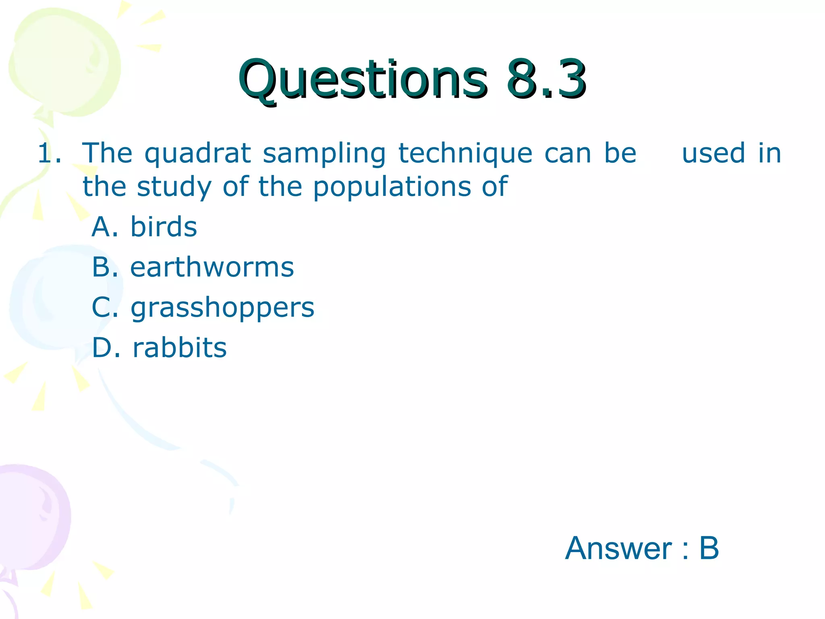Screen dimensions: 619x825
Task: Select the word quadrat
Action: coord(198,154)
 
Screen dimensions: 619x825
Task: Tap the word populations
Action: coord(392,188)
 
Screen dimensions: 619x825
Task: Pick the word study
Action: coord(174,188)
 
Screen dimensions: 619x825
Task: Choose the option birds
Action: coord(164,226)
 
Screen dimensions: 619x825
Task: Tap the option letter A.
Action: coord(103,226)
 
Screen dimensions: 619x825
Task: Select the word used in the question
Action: coord(713,153)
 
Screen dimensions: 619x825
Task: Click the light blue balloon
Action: coord(56,298)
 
